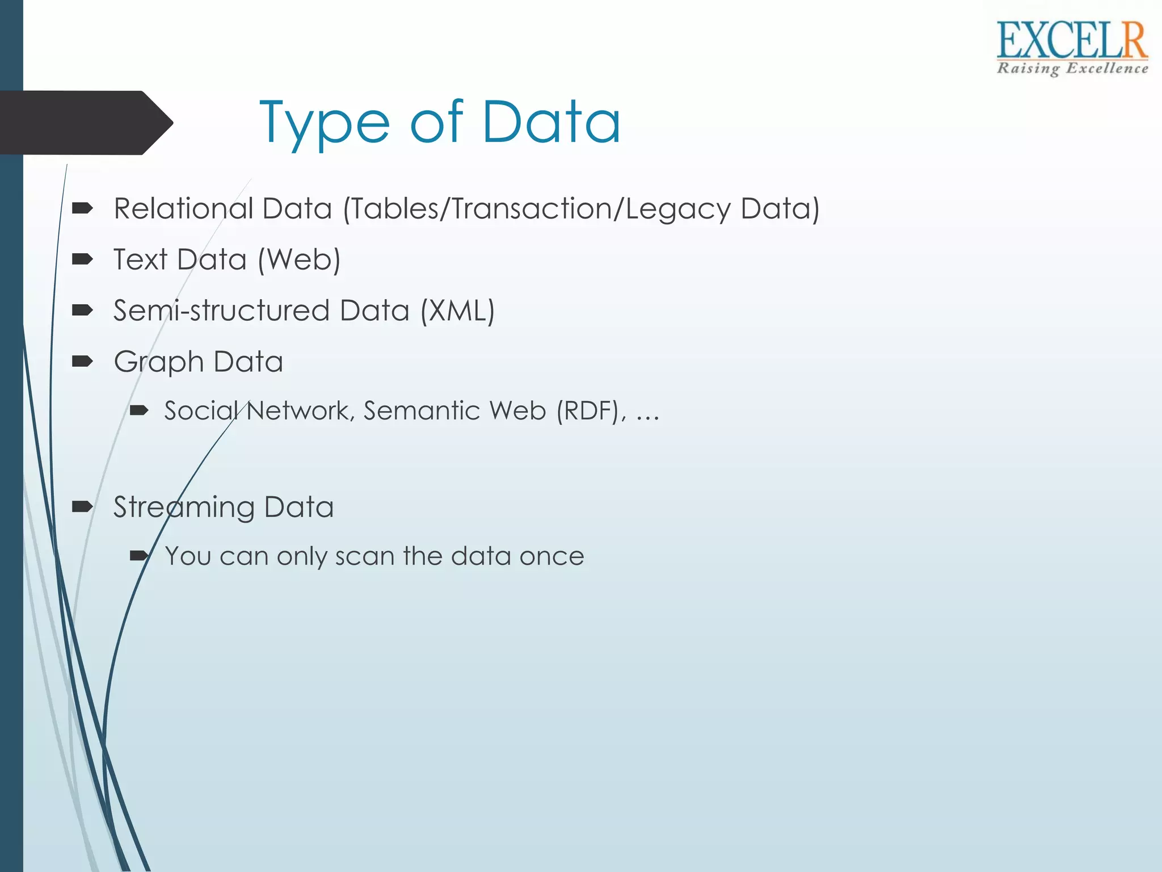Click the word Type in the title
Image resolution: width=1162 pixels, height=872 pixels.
(324, 124)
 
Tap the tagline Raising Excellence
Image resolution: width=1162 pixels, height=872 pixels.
(1072, 69)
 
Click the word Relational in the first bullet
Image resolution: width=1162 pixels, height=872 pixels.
(183, 208)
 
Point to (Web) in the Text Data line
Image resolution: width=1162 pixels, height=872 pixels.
(299, 260)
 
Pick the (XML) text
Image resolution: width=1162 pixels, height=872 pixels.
(457, 311)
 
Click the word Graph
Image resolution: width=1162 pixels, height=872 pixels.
(158, 362)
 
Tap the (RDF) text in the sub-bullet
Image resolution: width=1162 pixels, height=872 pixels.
(588, 411)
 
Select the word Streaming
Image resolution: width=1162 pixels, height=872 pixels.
(183, 508)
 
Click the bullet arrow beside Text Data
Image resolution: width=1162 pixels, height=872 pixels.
(83, 259)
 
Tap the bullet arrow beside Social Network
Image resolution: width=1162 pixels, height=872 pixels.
(139, 410)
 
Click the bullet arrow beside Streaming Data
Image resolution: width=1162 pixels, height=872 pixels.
(83, 506)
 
